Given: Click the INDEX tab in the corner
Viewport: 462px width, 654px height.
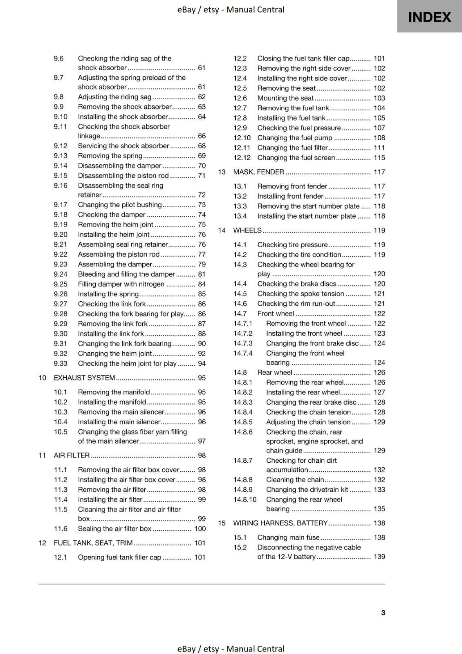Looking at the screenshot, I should point(429,17).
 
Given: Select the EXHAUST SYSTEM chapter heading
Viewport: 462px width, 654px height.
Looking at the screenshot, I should point(84,378).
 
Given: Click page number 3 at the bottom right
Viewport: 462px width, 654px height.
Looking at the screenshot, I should point(383,612).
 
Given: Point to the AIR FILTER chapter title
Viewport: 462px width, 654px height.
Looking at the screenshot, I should point(72,455).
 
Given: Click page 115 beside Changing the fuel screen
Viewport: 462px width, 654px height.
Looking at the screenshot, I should point(379,158).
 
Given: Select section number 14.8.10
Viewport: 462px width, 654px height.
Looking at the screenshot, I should point(245,499).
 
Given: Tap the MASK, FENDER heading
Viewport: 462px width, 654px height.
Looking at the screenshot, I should point(258,172).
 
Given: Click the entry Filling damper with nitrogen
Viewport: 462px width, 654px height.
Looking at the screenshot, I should point(121,284).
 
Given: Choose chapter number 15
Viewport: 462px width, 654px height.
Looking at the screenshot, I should point(222,523).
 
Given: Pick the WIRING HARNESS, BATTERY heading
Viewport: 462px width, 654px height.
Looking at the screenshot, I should point(280,523).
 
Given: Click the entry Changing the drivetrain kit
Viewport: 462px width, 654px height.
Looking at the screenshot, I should point(307,490).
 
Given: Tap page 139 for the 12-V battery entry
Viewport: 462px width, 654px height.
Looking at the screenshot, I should point(379,557).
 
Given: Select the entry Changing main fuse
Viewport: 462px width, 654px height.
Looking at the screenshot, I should point(288,538).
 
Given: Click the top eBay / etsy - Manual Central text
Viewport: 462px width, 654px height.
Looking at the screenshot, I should point(231,9).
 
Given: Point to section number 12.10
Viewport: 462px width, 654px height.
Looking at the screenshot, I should point(242,138).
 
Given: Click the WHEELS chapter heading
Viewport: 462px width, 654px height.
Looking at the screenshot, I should point(247,231).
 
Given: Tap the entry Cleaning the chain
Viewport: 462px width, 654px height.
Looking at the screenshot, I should point(295,480).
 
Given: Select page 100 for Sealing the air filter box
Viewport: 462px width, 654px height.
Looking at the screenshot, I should point(200,529).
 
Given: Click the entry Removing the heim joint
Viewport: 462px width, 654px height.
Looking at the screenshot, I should point(115,225).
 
